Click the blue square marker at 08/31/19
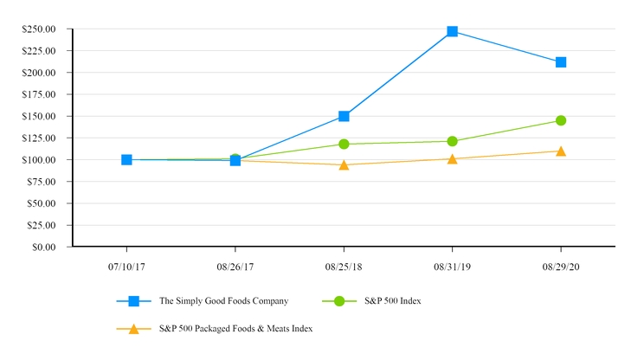[x=452, y=31]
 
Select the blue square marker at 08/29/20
[x=561, y=62]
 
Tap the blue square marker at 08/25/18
[x=344, y=116]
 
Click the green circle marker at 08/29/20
[x=561, y=120]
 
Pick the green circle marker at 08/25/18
[x=344, y=144]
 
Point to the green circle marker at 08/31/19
[x=452, y=141]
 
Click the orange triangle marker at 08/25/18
[x=344, y=164]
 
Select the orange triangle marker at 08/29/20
[x=561, y=151]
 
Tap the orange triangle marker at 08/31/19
[x=452, y=158]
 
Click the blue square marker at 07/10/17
[x=126, y=159]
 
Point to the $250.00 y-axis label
[x=39, y=29]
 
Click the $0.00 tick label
[x=42, y=247]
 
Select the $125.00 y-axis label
[x=39, y=138]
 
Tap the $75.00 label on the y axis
[x=41, y=182]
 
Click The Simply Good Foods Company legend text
[x=223, y=301]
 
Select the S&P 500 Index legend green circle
[x=339, y=301]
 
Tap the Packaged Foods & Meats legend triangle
[x=133, y=329]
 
